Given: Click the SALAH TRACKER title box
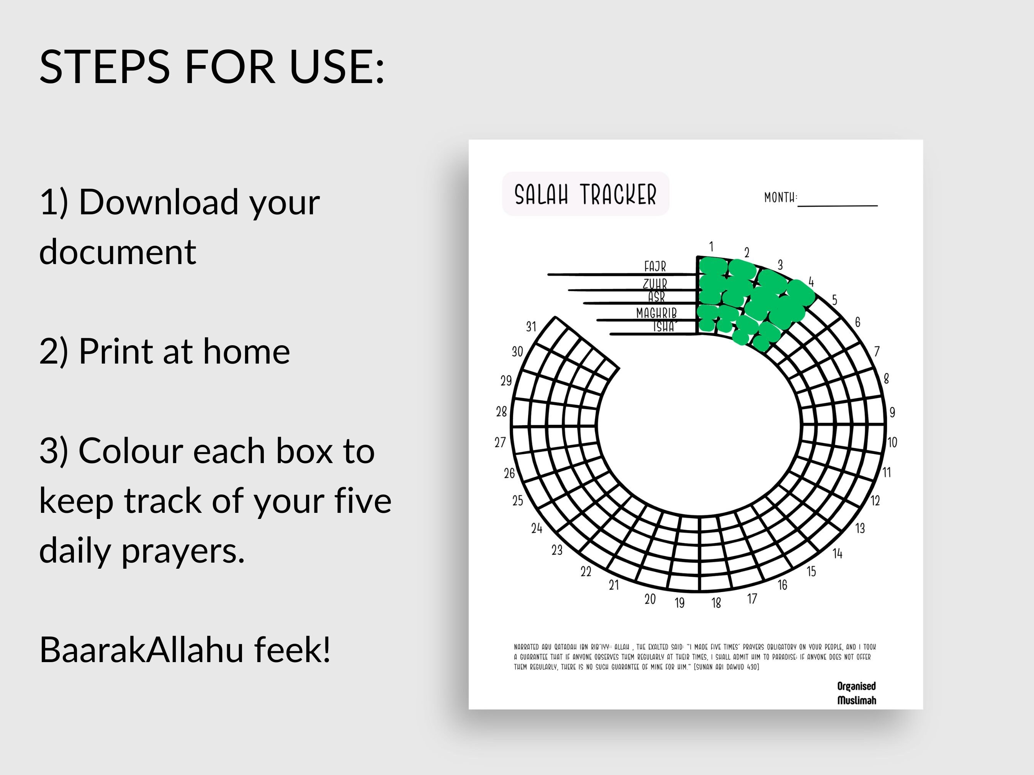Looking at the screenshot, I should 585,194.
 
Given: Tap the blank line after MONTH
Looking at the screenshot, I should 837,202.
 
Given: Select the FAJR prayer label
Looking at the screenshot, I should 655,266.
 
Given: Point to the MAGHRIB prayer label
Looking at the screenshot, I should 656,313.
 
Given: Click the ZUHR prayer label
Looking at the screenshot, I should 655,284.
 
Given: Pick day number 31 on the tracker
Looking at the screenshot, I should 531,326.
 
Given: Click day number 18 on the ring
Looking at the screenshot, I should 716,603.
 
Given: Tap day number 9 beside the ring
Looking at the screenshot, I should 892,412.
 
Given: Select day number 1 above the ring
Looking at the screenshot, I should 711,246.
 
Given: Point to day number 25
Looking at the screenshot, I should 517,500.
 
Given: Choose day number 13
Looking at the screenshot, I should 860,529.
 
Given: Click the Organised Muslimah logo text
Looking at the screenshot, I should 856,693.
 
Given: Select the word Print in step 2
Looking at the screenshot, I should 115,351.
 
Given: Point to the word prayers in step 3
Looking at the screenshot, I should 183,551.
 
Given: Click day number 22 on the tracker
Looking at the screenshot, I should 586,571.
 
